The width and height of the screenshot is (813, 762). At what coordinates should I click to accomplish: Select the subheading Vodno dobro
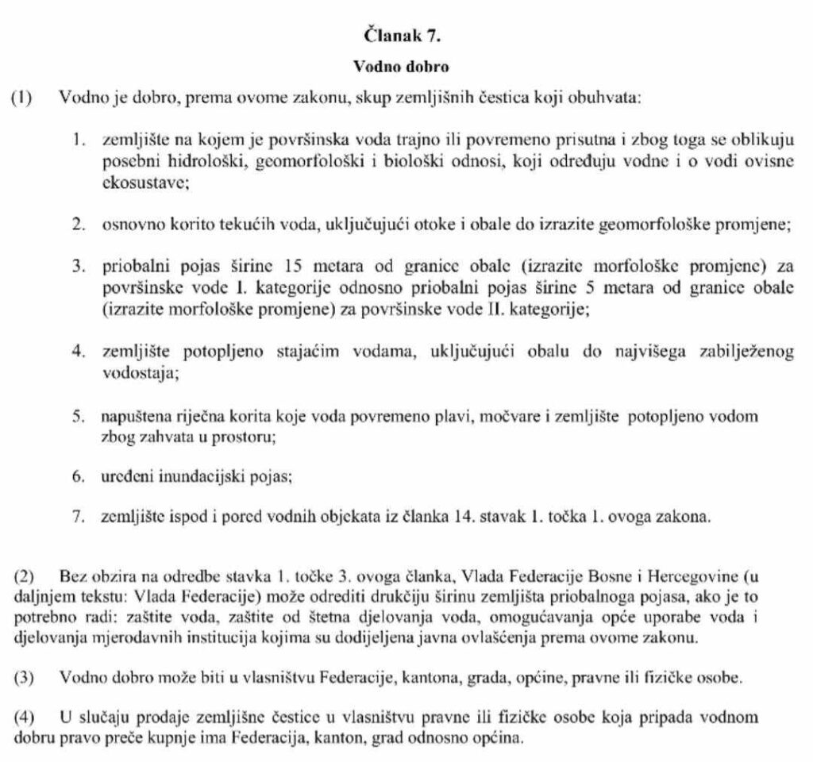[406, 67]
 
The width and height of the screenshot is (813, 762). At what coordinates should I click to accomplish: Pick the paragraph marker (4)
[23, 718]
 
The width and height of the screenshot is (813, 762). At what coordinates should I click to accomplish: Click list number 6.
[78, 476]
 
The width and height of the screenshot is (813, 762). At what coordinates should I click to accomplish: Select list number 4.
[78, 352]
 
